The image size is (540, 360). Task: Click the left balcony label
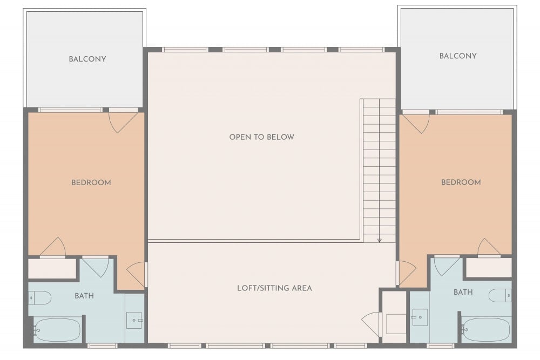point(87,59)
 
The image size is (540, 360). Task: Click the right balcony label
point(458,56)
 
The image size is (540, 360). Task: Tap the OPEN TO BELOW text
point(262,137)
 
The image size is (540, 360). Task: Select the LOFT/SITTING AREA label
point(274,288)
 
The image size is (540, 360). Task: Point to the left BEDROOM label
point(91,182)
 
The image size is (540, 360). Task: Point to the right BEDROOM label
point(461,182)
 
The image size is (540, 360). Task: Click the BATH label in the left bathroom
point(84,296)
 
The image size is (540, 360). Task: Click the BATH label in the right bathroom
point(463,292)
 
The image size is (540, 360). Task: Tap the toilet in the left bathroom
point(40,298)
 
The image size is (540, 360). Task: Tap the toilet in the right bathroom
point(500,295)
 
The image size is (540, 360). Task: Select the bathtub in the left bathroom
point(57,330)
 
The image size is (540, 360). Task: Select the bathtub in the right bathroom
point(485,330)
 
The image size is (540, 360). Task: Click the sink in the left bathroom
point(134,321)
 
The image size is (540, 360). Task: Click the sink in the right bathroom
point(420,317)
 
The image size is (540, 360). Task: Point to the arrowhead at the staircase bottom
point(379,240)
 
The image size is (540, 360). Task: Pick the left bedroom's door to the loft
point(137,274)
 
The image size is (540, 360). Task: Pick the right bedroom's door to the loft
point(407,273)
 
